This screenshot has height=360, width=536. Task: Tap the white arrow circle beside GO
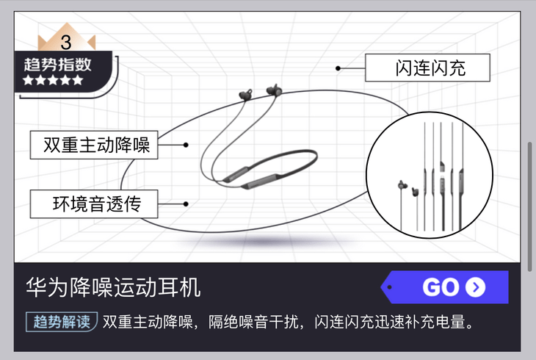click(475, 287)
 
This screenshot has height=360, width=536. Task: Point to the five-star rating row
click(53, 80)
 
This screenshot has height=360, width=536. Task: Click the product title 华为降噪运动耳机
click(113, 287)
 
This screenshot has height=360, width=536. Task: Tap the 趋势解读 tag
click(62, 322)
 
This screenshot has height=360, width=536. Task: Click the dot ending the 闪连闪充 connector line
click(338, 68)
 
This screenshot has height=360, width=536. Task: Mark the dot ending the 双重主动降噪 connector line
click(186, 145)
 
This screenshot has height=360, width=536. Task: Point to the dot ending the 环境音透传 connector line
click(186, 204)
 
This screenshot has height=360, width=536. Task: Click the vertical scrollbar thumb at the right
click(530, 206)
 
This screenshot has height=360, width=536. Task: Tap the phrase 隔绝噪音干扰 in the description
click(255, 322)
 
